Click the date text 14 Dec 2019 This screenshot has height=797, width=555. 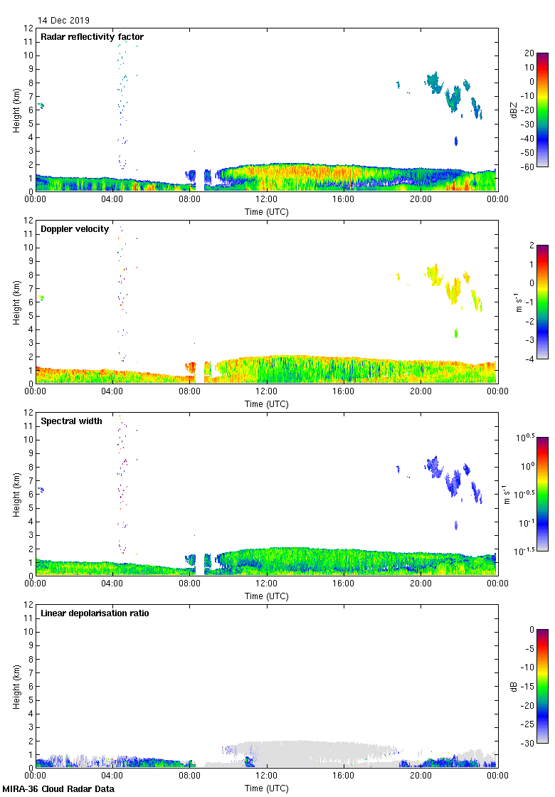[x=64, y=21]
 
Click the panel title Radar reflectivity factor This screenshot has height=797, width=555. [x=92, y=37]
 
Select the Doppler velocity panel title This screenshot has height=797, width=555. [x=75, y=229]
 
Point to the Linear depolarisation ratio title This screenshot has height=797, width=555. [x=95, y=613]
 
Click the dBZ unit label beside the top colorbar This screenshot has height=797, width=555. [x=514, y=110]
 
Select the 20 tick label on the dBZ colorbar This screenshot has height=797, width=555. [x=529, y=53]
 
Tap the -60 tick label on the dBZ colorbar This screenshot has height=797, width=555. [x=527, y=167]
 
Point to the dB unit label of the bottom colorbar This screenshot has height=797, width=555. [x=514, y=687]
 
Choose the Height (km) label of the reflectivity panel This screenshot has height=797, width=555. [x=16, y=110]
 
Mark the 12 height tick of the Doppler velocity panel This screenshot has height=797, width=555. [x=29, y=221]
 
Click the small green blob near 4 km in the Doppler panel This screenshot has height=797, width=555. [x=456, y=333]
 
